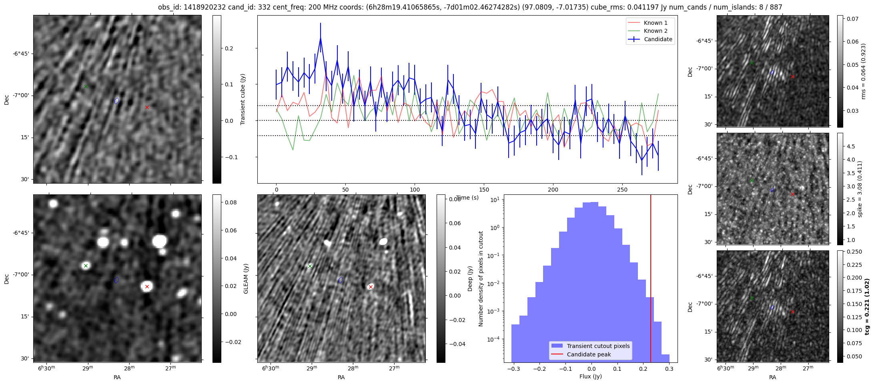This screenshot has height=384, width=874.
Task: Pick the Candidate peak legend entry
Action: click(x=589, y=354)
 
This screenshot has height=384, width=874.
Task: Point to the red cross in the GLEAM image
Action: click(x=147, y=286)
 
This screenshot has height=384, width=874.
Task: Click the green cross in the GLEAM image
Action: click(x=86, y=266)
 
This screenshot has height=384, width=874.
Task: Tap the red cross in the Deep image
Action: click(x=371, y=287)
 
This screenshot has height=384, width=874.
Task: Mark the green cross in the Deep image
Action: click(x=310, y=266)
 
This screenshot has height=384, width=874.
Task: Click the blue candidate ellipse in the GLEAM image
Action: click(x=116, y=280)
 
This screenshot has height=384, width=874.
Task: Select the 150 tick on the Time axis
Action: click(x=484, y=190)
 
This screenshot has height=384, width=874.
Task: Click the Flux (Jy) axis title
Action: click(x=590, y=376)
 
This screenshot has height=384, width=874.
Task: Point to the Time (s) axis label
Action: click(x=467, y=198)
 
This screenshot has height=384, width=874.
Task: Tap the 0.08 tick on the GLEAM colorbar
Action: click(x=231, y=202)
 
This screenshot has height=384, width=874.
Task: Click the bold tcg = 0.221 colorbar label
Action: click(x=867, y=306)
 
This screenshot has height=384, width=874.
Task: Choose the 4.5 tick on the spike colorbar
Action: click(x=851, y=146)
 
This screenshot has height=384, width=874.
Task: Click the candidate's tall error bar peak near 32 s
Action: click(x=321, y=38)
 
